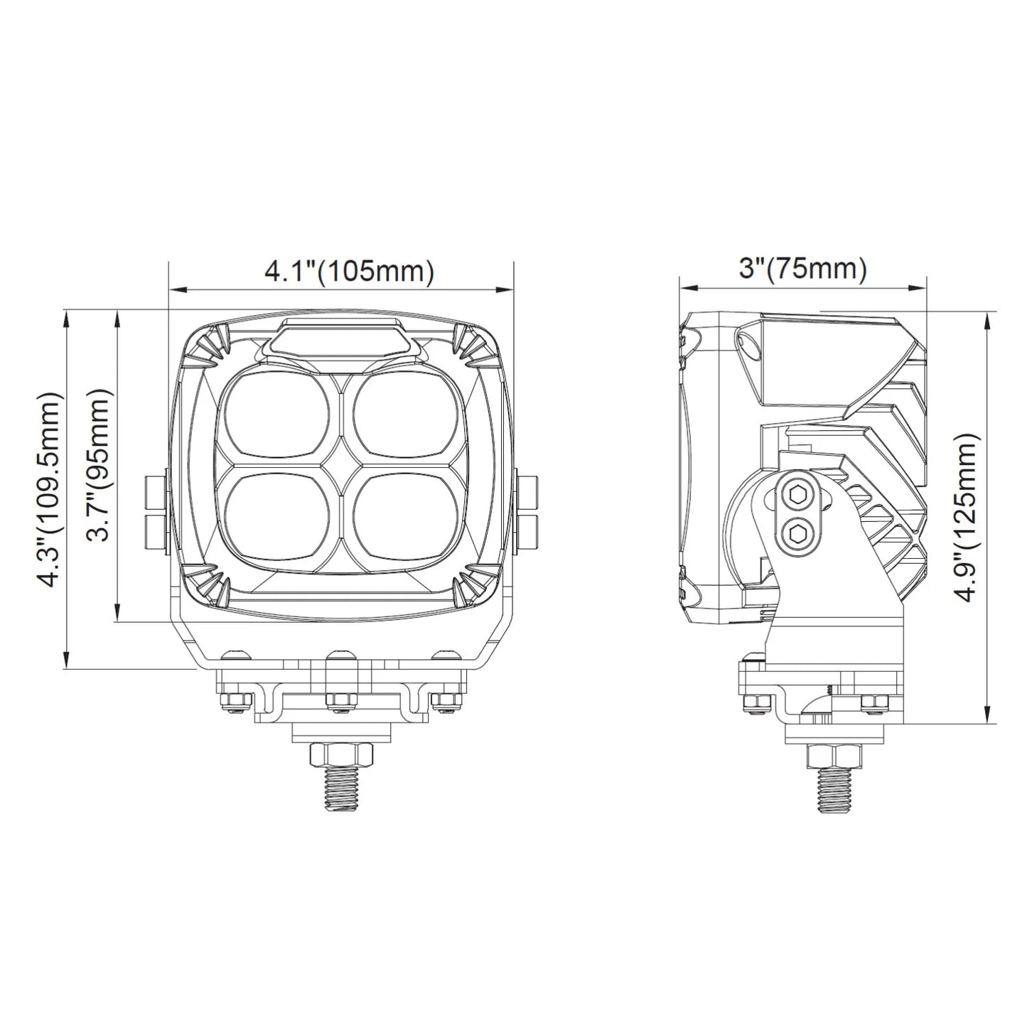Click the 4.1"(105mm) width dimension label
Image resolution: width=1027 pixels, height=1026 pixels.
point(350,272)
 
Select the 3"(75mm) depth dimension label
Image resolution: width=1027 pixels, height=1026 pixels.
point(802,269)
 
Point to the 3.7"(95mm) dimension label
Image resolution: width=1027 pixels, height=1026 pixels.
point(99,464)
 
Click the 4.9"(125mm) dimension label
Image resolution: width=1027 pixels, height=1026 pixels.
point(967,518)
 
